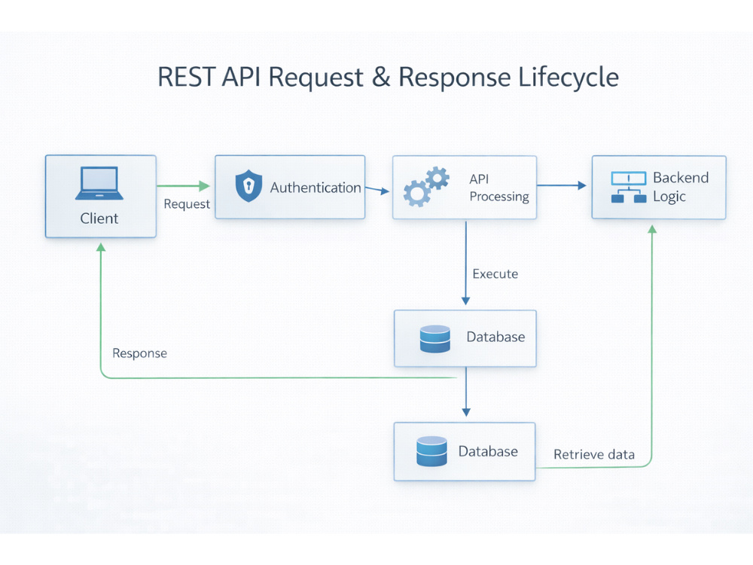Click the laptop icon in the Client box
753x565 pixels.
99,183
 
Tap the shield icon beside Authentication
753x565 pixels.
248,185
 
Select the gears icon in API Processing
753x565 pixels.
426,186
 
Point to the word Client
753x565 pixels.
99,218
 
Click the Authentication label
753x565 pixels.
316,188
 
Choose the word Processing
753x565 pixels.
499,197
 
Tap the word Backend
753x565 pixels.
681,178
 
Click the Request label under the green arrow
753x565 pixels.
187,204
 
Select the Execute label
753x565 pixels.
495,274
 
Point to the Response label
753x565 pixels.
140,353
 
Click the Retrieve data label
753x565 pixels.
594,454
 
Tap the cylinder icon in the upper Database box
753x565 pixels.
435,339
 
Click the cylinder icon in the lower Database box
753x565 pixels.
431,451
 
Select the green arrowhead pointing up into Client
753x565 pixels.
101,247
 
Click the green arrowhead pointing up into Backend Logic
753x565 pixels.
652,230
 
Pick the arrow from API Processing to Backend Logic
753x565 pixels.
562,185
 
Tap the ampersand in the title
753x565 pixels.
381,77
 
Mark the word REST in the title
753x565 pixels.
186,77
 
